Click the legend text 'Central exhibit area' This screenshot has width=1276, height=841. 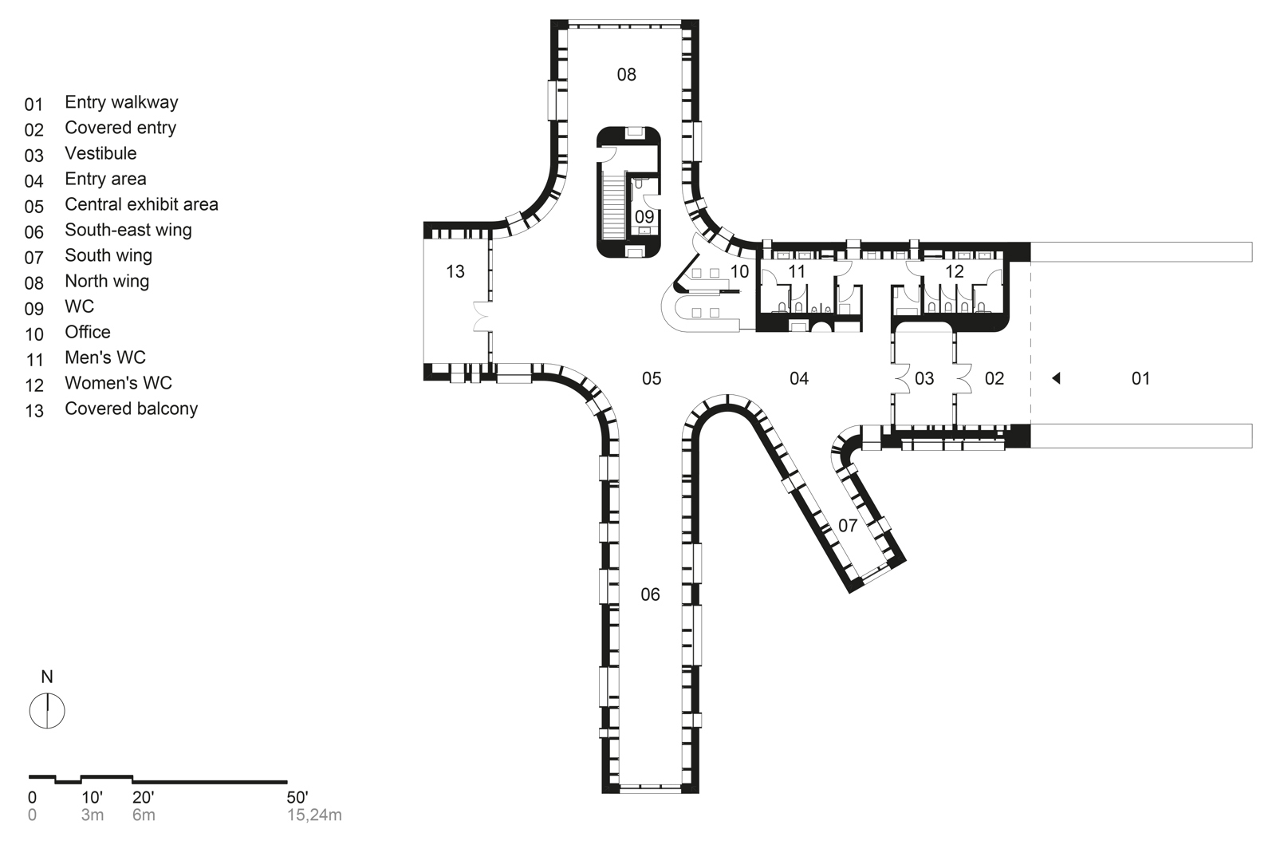pos(141,204)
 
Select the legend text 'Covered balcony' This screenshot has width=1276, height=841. pos(131,409)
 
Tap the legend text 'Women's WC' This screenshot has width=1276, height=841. pos(119,383)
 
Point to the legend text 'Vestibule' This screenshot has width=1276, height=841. pos(100,153)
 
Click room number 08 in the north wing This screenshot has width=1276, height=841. pos(627,74)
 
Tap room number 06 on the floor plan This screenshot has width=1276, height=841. pos(651,594)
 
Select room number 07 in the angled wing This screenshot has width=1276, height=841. pos(848,525)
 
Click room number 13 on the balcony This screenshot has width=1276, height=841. pos(455,272)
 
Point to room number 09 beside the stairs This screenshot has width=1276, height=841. pos(644,216)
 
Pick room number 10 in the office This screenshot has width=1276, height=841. pos(739,272)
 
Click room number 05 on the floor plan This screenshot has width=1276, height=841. pos(652,378)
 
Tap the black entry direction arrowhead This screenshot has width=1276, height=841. pos(1056,377)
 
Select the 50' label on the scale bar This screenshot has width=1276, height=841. pos(297,796)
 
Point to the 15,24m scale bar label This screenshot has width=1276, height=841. pos(314,815)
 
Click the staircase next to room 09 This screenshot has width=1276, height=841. pos(613,207)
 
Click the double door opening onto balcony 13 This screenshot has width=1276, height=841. pos(482,316)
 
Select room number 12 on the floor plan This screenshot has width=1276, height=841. pos(954,272)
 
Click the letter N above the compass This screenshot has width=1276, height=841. pos(47,677)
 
